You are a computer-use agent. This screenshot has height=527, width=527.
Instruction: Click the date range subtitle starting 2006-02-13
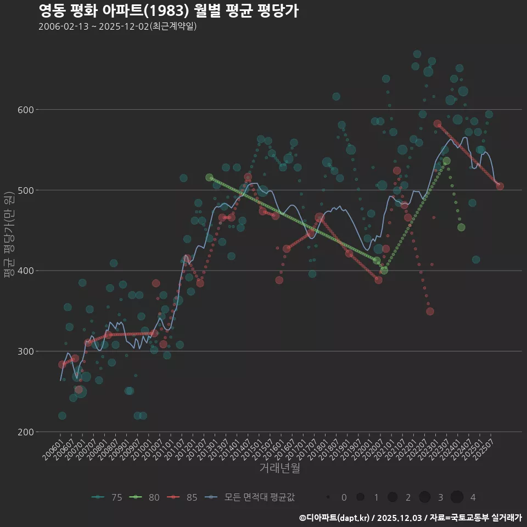(x=117, y=26)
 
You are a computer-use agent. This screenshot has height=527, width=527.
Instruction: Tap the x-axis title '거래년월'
(x=279, y=468)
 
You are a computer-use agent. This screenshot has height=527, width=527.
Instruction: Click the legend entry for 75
(x=108, y=497)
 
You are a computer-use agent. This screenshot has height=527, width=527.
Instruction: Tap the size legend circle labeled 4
(x=457, y=497)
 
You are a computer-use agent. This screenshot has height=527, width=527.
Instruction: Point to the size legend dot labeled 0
(x=328, y=497)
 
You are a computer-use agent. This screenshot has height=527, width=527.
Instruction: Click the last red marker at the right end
(x=500, y=187)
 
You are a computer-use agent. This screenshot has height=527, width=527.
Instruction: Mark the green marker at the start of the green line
(x=209, y=178)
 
